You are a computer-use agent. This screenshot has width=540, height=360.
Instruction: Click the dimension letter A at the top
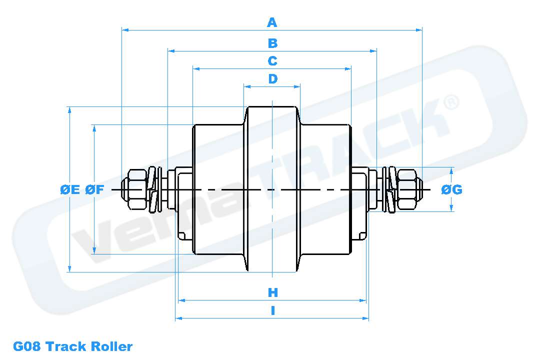[x=272, y=22]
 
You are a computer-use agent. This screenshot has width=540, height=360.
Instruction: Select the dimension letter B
[x=272, y=43]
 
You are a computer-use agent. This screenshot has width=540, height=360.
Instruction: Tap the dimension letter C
[x=272, y=61]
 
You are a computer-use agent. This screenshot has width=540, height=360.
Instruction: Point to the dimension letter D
[x=272, y=79]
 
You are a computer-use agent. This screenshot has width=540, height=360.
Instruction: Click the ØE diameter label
[x=69, y=189]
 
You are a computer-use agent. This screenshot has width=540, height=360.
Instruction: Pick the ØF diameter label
[x=94, y=189]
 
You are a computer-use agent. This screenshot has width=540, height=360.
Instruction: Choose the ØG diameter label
[x=451, y=189]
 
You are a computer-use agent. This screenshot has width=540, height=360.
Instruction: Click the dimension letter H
[x=272, y=292]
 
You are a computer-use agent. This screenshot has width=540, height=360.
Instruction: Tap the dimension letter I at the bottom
[x=272, y=310]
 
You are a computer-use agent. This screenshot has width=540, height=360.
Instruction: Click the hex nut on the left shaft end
[x=136, y=189]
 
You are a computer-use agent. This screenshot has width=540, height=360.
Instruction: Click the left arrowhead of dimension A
[x=125, y=30]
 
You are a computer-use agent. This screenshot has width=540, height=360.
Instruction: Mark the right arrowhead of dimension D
[x=297, y=86]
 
